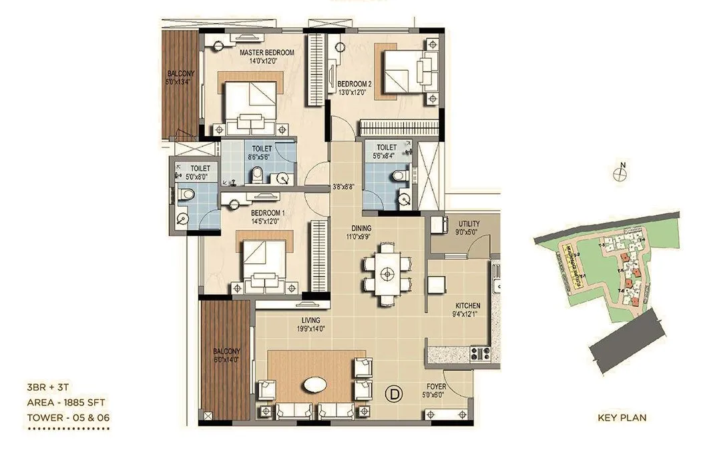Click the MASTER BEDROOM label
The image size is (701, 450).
(266, 52)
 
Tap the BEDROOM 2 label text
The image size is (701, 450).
(354, 84)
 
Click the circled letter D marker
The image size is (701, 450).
(394, 394)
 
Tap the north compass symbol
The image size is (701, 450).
(620, 173)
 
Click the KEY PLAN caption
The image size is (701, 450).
(622, 418)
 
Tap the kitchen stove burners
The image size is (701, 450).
(480, 353)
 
